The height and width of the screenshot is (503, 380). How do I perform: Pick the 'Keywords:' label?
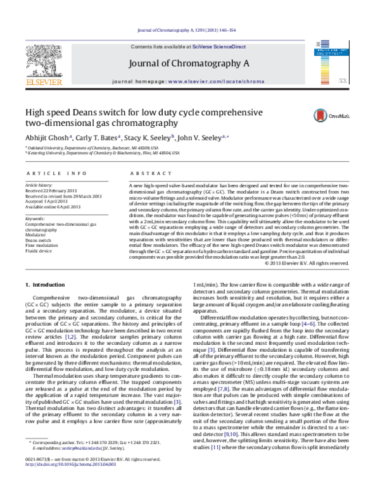pos(36,218)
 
